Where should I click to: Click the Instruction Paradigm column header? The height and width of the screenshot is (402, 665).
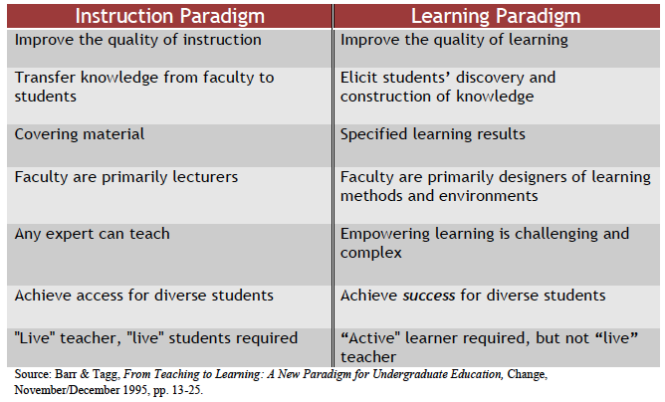click(168, 16)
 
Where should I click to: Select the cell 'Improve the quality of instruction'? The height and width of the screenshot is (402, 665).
click(138, 40)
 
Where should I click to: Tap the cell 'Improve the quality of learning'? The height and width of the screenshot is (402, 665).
click(454, 40)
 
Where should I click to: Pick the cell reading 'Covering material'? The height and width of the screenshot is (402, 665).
click(79, 134)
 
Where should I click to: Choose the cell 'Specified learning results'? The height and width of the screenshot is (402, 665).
click(433, 134)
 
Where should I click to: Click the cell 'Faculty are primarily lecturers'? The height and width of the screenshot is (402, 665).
click(126, 177)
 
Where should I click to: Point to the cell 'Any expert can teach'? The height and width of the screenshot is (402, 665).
click(92, 234)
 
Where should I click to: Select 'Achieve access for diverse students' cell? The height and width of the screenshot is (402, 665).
click(143, 295)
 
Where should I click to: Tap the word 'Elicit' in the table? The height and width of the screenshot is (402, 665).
click(357, 77)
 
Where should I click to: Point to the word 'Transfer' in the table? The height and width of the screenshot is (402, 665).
click(44, 77)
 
